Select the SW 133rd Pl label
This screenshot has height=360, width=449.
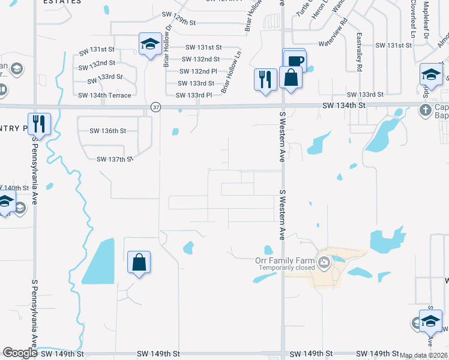pyautogui.click(x=194, y=95)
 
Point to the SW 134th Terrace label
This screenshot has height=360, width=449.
pyautogui.click(x=104, y=95)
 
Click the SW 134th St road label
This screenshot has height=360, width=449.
pyautogui.click(x=343, y=106)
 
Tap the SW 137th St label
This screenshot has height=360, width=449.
pyautogui.click(x=114, y=160)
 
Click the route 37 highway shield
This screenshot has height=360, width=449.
pyautogui.click(x=156, y=107)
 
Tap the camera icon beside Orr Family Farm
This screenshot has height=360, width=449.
pyautogui.click(x=325, y=262)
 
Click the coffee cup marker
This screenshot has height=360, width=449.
pyautogui.click(x=295, y=60)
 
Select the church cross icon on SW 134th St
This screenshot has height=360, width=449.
pyautogui.click(x=425, y=110)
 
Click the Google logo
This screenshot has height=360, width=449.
pyautogui.click(x=20, y=353)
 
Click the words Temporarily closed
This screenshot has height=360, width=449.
pyautogui.click(x=288, y=268)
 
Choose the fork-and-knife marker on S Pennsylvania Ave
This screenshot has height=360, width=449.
pyautogui.click(x=39, y=124)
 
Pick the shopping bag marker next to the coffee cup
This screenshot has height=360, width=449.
pyautogui.click(x=291, y=78)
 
